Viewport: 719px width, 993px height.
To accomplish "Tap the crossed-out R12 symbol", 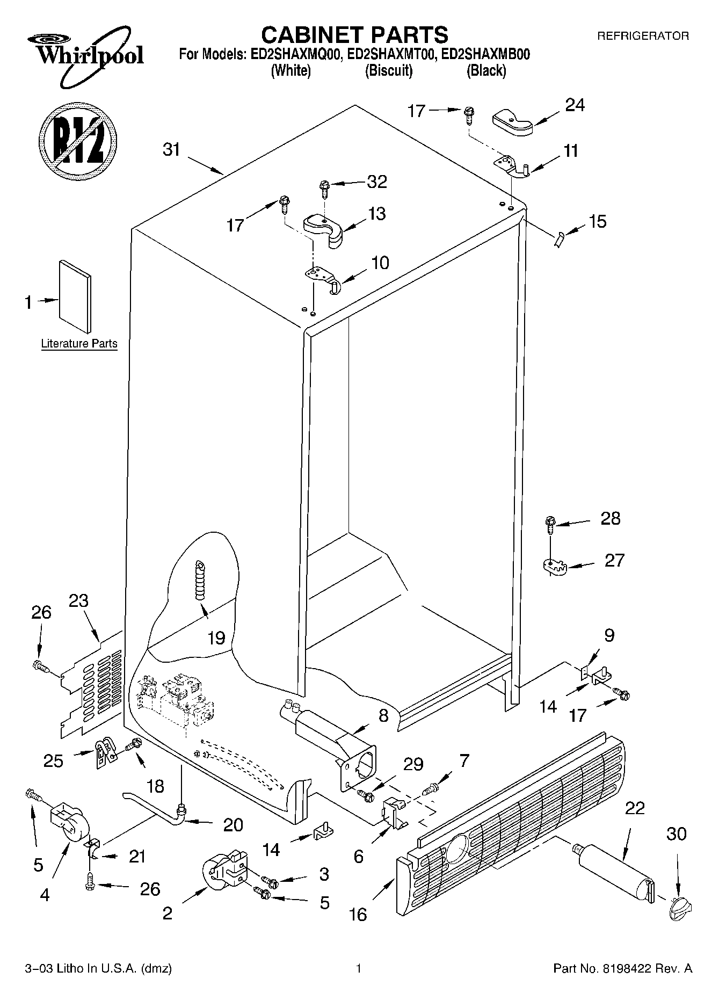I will click(78, 140).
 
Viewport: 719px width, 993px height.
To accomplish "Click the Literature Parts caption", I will click(79, 344).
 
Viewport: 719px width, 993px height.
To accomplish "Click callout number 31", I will click(171, 150).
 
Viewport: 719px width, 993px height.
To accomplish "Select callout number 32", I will click(376, 182).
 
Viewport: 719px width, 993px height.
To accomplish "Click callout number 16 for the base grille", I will click(358, 914).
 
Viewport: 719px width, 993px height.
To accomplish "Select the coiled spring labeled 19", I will click(200, 579).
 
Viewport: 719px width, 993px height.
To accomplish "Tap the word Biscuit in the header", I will click(388, 71).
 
